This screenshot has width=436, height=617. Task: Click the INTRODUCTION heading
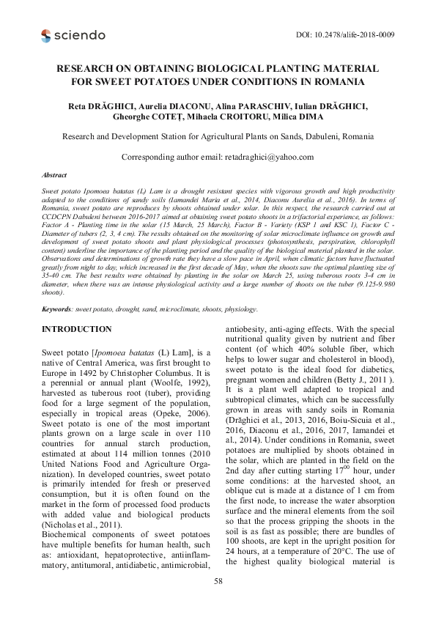(x=77, y=329)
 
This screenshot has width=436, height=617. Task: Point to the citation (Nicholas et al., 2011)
(x=84, y=524)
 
